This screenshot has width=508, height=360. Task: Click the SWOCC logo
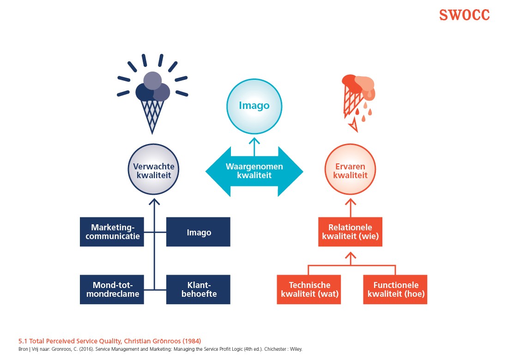pyautogui.click(x=464, y=15)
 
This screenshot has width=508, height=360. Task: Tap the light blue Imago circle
pyautogui.click(x=254, y=106)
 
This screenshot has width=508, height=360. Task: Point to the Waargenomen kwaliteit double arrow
pyautogui.click(x=254, y=172)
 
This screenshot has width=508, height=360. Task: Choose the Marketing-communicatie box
pyautogui.click(x=111, y=232)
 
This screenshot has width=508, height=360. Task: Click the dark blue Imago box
pyautogui.click(x=198, y=232)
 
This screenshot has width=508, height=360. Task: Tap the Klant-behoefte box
pyautogui.click(x=198, y=289)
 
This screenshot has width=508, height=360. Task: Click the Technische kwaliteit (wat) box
pyautogui.click(x=309, y=289)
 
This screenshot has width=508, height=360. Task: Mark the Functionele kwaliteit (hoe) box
pyautogui.click(x=395, y=289)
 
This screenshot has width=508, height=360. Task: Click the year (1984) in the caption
pyautogui.click(x=191, y=341)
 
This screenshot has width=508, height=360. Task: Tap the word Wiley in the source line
pyautogui.click(x=296, y=349)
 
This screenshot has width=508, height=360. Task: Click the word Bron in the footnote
pyautogui.click(x=23, y=349)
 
